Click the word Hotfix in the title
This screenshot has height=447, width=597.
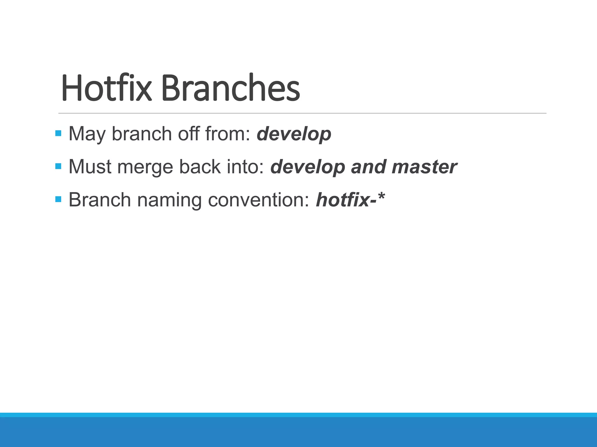pos(106,88)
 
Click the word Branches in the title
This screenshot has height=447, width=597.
pos(230,88)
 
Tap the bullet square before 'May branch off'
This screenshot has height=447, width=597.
pos(58,133)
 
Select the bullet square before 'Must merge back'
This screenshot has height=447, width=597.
pos(58,166)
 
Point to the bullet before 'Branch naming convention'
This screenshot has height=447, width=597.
pos(58,199)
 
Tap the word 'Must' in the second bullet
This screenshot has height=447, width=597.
pos(90,167)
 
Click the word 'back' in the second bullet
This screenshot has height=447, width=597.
pos(200,167)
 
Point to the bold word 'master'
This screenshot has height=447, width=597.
pos(424,167)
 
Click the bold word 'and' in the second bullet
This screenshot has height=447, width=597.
pos(368,167)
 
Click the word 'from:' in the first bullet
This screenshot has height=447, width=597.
pos(228,134)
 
